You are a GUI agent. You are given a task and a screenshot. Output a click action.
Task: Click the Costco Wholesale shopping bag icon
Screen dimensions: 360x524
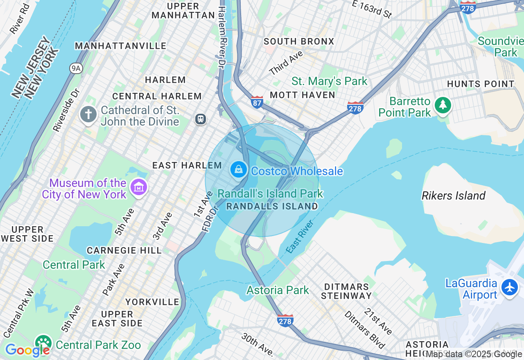coord(238,169)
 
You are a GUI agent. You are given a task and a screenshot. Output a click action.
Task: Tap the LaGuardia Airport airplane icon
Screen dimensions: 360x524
coord(510,287)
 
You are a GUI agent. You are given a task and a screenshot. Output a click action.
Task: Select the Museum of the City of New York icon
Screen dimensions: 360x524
coord(138,188)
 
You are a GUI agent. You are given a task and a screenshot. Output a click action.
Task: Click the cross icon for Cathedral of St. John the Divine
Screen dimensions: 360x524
coord(88,115)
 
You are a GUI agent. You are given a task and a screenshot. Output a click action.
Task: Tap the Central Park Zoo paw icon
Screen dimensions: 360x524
coord(43,343)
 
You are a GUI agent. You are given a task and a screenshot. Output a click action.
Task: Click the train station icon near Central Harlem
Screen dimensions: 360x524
coord(200,119)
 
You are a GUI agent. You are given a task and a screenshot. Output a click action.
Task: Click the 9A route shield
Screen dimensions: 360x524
coord(75,68)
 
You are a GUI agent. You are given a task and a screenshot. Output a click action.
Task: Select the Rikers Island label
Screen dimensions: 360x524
coord(453,196)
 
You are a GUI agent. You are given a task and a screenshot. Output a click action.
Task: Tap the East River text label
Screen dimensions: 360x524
coord(300,236)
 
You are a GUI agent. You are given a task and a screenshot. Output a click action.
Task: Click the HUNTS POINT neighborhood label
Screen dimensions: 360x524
coord(481,84)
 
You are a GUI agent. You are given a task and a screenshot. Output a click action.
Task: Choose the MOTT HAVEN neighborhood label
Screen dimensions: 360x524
coord(303,95)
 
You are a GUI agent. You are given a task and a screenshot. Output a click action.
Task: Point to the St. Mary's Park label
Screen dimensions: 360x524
coord(330,81)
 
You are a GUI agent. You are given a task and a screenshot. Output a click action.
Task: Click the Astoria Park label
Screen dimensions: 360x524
coord(278,290)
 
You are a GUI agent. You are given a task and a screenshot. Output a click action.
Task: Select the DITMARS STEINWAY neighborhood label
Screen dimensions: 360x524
coord(347,291)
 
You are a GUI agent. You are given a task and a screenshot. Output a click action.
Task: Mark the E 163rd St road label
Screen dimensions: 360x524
coord(372,9)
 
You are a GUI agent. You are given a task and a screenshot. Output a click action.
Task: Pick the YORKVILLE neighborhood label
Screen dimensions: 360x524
coord(152,302)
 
